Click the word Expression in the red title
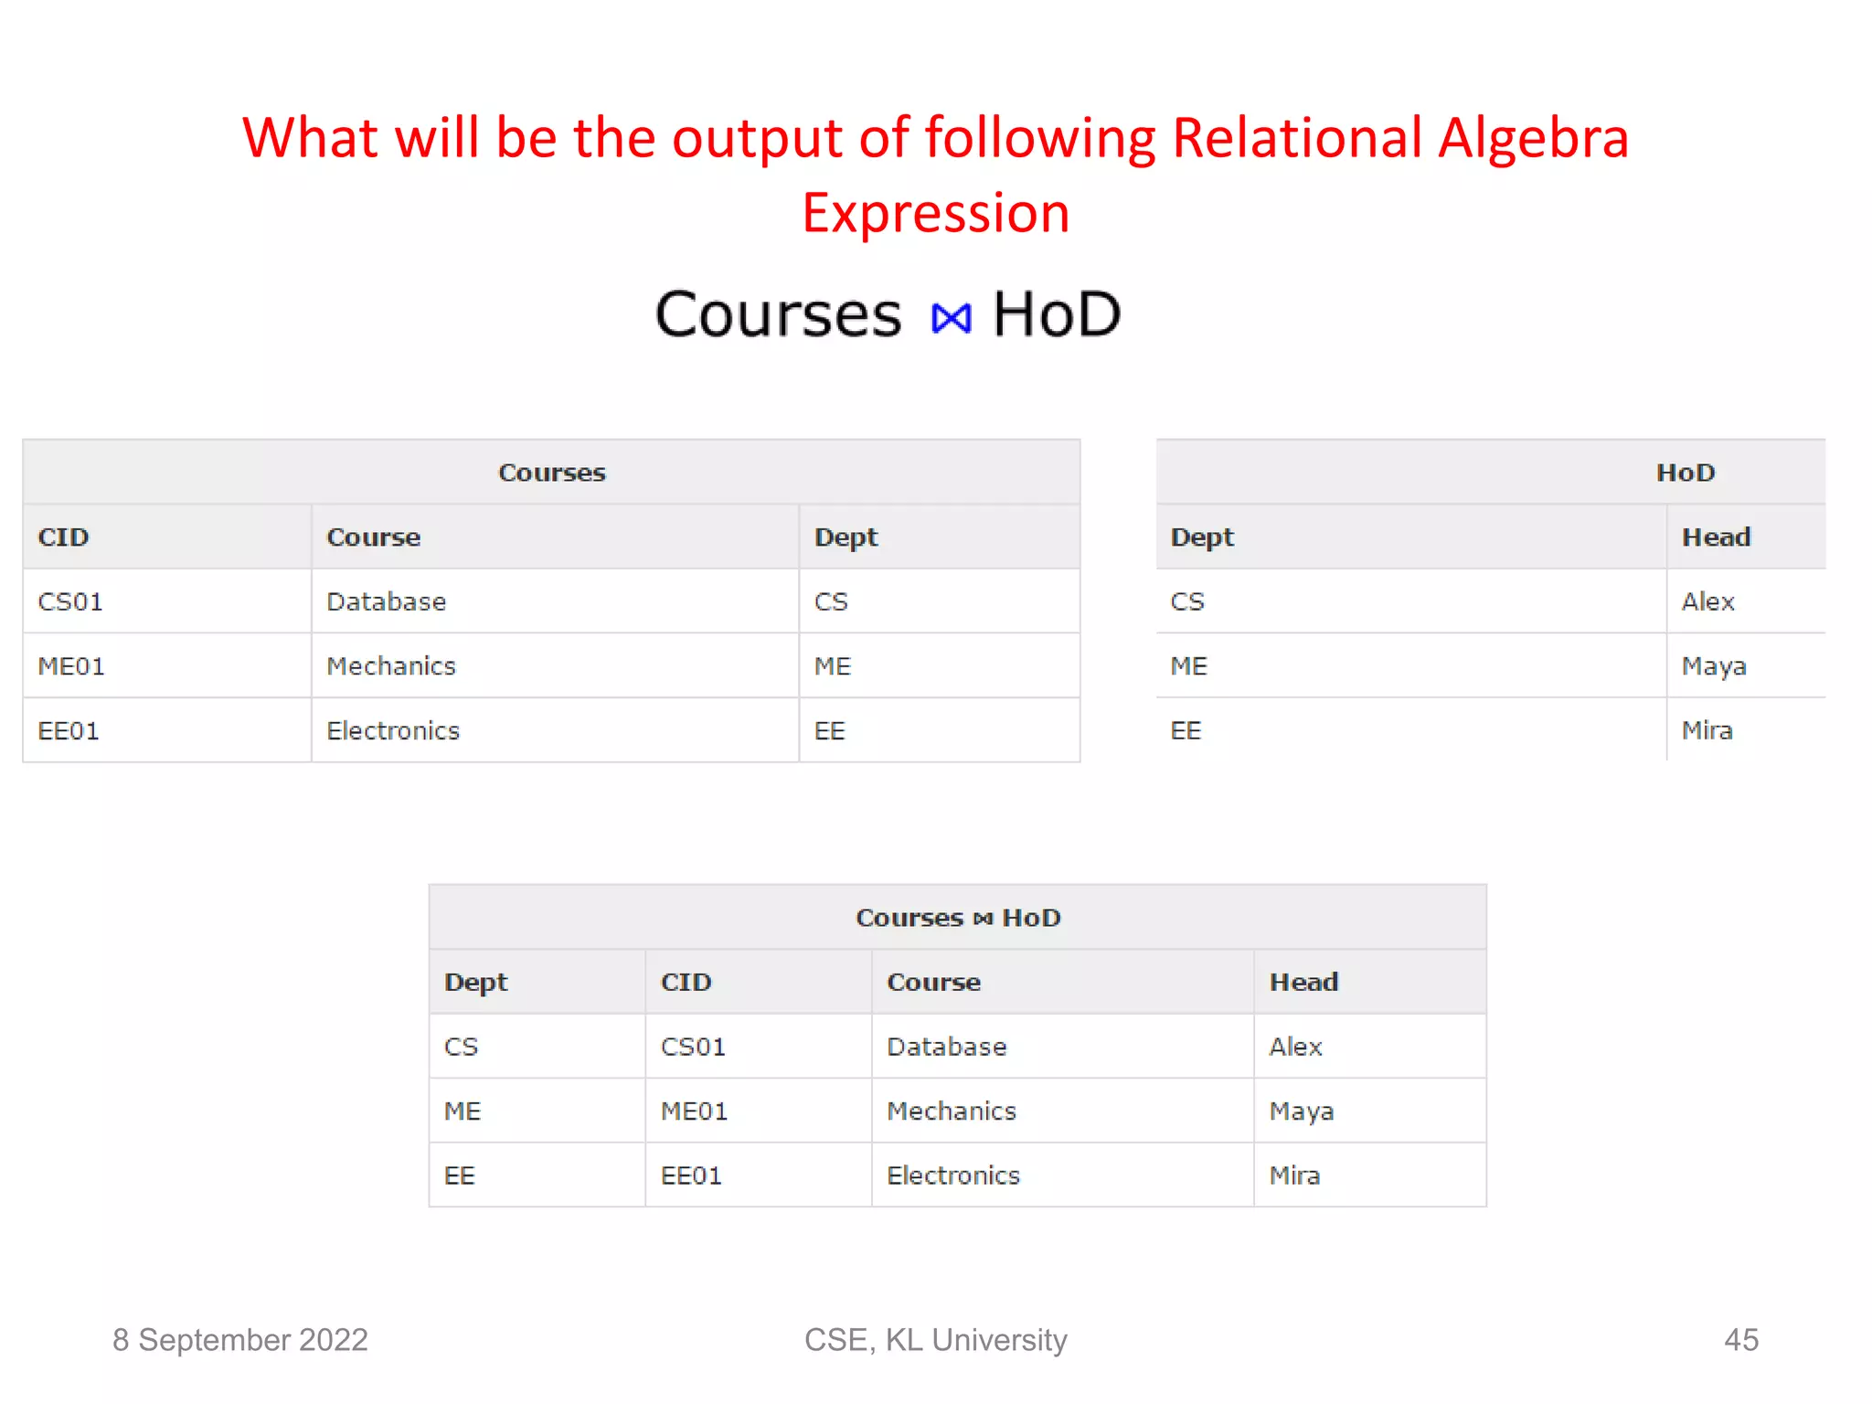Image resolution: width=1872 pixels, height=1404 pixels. pyautogui.click(x=935, y=214)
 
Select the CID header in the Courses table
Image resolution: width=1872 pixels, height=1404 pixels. pyautogui.click(x=63, y=537)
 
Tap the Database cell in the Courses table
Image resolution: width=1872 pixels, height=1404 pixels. pyautogui.click(x=386, y=602)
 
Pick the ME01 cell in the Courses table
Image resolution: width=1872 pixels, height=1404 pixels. pyautogui.click(x=70, y=666)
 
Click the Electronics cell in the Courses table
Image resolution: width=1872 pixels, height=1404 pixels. pyautogui.click(x=393, y=731)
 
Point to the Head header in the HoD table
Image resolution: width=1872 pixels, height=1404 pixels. pyautogui.click(x=1716, y=537)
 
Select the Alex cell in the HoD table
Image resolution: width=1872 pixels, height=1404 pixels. pyautogui.click(x=1707, y=602)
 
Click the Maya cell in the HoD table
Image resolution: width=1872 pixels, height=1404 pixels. pyautogui.click(x=1714, y=666)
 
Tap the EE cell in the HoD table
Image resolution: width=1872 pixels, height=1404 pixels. pyautogui.click(x=1186, y=731)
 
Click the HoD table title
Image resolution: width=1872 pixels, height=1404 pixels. pyautogui.click(x=1685, y=473)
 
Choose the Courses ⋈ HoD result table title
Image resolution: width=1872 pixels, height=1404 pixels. pyautogui.click(x=957, y=918)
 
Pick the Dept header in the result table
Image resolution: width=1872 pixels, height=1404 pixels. pyautogui.click(x=475, y=983)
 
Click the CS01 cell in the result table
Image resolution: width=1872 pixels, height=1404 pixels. pyautogui.click(x=693, y=1048)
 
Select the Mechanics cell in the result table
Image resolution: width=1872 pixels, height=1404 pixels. pyautogui.click(x=951, y=1111)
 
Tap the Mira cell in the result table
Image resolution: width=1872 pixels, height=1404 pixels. pyautogui.click(x=1294, y=1176)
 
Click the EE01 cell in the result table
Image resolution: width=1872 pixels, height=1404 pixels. pyautogui.click(x=691, y=1176)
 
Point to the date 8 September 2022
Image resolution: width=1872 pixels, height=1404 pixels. pyautogui.click(x=239, y=1340)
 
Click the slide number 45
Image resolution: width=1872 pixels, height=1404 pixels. pyautogui.click(x=1740, y=1340)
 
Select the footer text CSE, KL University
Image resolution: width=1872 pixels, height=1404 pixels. pyautogui.click(x=935, y=1340)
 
